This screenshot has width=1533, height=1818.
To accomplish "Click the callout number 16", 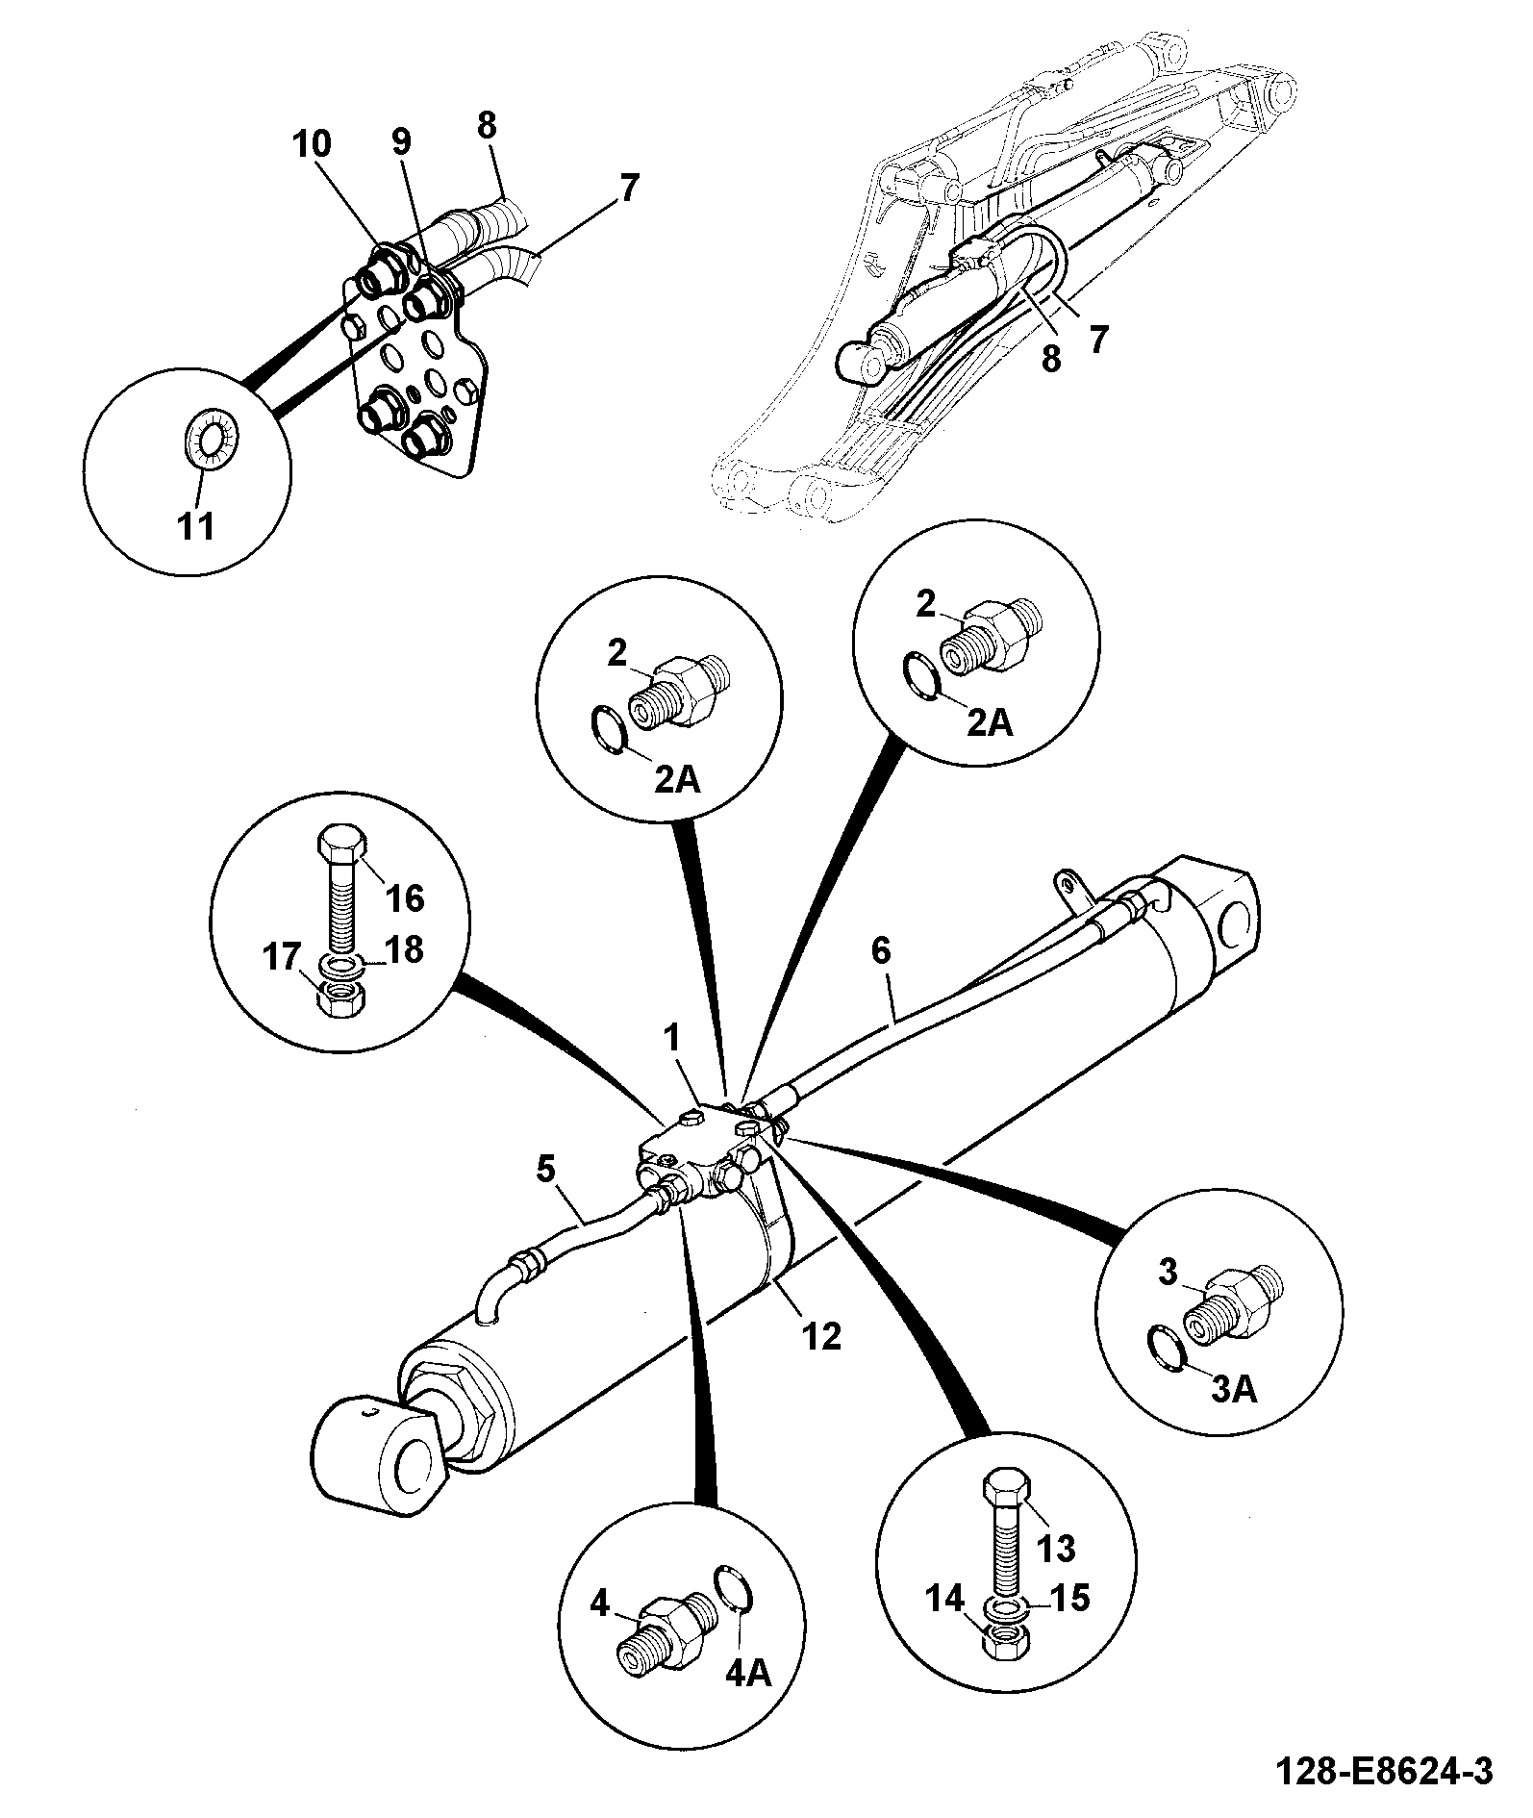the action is (404, 897).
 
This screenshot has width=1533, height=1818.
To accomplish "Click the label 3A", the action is (1234, 1389).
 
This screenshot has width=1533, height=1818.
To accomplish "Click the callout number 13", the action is (1055, 1548).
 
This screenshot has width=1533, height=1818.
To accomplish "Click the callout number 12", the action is (822, 1335).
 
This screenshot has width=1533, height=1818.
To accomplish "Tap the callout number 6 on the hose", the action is (881, 951).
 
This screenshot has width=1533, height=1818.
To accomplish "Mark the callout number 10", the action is (313, 143).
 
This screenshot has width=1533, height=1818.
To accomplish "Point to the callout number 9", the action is (401, 141).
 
